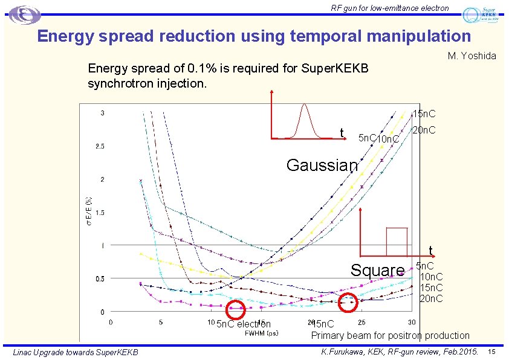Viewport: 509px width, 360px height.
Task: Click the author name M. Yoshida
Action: [x=472, y=56]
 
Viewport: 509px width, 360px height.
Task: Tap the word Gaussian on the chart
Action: [x=322, y=165]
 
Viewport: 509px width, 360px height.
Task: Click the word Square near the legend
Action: [x=378, y=270]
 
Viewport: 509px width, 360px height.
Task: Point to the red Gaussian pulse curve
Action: [x=305, y=121]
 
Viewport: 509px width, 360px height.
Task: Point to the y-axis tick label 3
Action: [x=102, y=113]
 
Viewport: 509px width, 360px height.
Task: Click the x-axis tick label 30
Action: [x=411, y=322]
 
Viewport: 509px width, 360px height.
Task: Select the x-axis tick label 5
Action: [x=161, y=322]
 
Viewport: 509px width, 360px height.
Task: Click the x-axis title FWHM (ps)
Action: [x=261, y=333]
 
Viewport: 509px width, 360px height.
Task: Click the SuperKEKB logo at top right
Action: [x=482, y=14]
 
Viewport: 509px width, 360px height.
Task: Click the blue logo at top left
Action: [x=25, y=14]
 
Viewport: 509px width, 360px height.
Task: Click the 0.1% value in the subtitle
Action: [x=194, y=68]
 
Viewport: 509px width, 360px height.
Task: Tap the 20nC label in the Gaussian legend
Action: [x=424, y=130]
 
